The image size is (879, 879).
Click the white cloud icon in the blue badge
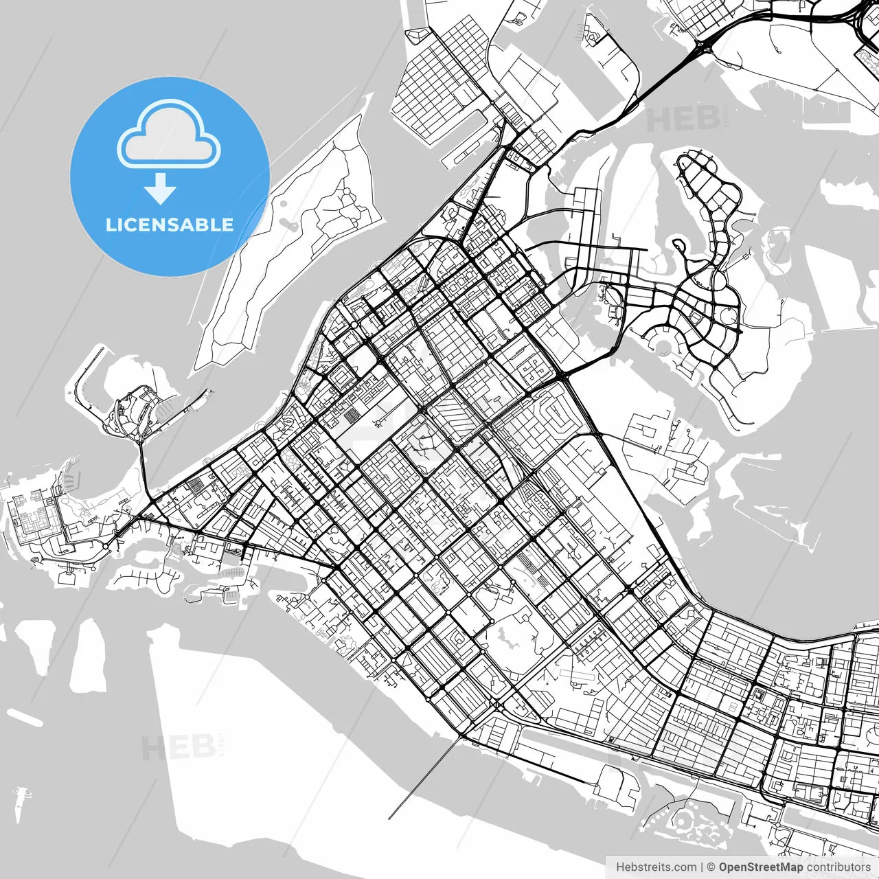point(168,135)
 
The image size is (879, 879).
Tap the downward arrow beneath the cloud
point(161,188)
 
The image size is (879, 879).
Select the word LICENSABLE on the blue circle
point(170,225)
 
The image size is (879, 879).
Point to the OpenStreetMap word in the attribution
point(760,867)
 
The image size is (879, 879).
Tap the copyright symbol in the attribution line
point(711,867)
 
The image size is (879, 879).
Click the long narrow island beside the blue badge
point(288,247)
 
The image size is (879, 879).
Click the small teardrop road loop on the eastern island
point(679,245)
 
